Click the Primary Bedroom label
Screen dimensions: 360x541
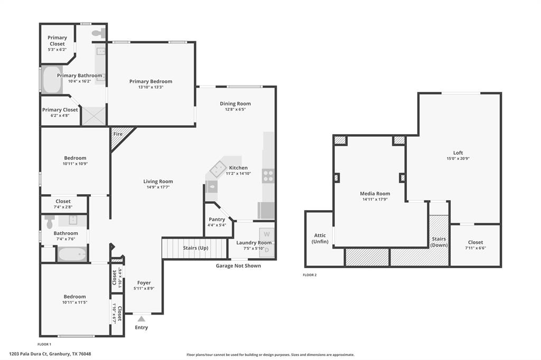pyautogui.click(x=151, y=81)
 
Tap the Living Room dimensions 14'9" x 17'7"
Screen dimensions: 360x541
pyautogui.click(x=158, y=188)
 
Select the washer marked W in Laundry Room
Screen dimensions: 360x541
pyautogui.click(x=267, y=234)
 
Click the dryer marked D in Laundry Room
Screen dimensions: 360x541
pyautogui.click(x=267, y=250)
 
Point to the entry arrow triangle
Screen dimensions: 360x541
pyautogui.click(x=141, y=318)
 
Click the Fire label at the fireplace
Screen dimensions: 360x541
pyautogui.click(x=118, y=134)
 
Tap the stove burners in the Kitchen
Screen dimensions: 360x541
pyautogui.click(x=268, y=176)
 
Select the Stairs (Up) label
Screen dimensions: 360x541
pyautogui.click(x=194, y=248)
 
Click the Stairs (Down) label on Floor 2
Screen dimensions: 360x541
pyautogui.click(x=439, y=242)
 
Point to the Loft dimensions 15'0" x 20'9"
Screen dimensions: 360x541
pyautogui.click(x=458, y=159)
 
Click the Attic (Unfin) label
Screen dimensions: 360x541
pyautogui.click(x=320, y=239)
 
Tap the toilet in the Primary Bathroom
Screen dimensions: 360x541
pyautogui.click(x=98, y=33)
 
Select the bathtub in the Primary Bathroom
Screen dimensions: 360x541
pyautogui.click(x=52, y=80)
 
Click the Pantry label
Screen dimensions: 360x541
pyautogui.click(x=217, y=219)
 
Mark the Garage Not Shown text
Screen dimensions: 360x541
pyautogui.click(x=238, y=266)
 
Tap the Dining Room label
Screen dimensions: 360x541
pyautogui.click(x=235, y=103)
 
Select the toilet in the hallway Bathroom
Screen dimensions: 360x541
pyautogui.click(x=50, y=221)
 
